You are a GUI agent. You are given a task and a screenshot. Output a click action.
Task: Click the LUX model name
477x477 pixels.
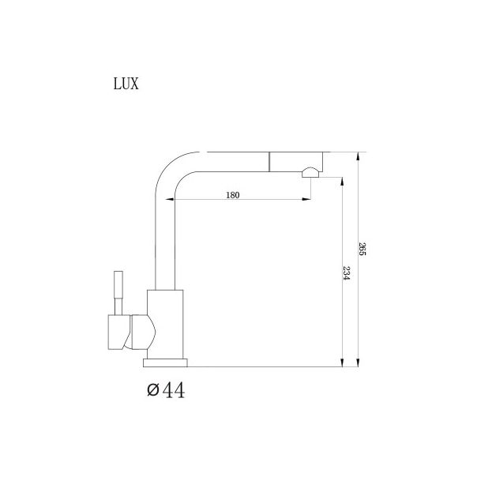tap(126, 84)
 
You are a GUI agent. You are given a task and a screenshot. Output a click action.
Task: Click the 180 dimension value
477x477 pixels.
tap(232, 195)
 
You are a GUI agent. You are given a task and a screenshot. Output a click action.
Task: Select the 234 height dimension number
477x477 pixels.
tap(347, 274)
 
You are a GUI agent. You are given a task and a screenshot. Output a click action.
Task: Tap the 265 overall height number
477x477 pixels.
tap(362, 250)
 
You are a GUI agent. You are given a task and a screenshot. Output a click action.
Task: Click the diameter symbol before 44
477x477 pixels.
tap(152, 390)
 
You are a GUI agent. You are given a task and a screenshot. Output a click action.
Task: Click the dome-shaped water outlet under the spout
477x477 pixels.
tap(311, 172)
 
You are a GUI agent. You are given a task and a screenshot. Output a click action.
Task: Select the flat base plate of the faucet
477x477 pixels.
tap(166, 362)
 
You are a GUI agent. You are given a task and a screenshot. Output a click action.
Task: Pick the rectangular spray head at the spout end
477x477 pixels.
tap(297, 160)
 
